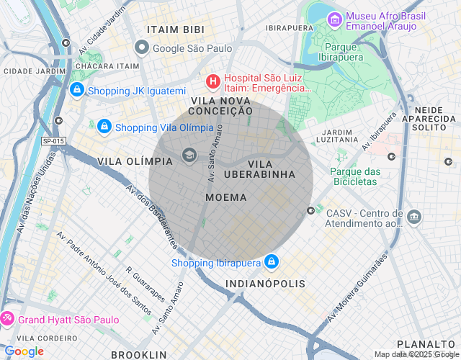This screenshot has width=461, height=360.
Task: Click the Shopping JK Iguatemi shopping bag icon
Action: click(76, 90)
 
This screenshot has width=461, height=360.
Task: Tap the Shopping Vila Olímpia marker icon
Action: click(104, 127)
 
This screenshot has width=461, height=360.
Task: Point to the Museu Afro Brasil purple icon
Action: click(334, 19)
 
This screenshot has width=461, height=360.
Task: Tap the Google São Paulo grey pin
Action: click(142, 48)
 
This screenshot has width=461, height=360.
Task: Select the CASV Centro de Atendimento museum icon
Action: click(413, 216)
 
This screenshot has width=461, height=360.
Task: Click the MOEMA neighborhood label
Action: click(225, 197)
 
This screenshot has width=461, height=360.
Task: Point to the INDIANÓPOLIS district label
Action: click(265, 284)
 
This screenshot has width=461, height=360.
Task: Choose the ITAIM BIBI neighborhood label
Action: click(175, 30)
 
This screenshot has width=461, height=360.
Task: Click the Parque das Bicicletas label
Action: click(354, 176)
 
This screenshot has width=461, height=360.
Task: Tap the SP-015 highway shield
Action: click(53, 141)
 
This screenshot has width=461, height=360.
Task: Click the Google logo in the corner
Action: click(24, 351)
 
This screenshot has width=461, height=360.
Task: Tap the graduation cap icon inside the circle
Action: click(189, 154)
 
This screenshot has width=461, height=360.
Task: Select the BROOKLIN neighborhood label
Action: click(138, 354)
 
